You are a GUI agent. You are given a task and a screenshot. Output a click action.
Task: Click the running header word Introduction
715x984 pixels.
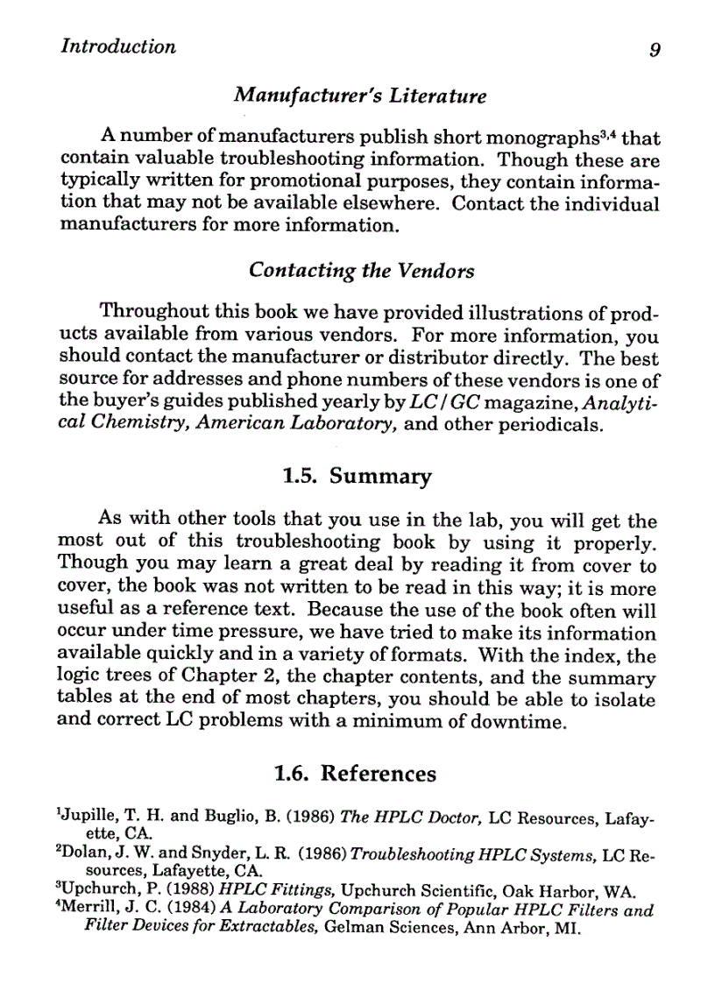click(118, 46)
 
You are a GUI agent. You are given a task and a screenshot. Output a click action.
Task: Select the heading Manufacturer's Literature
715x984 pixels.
click(359, 94)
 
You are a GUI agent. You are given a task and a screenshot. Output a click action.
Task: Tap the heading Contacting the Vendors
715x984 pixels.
click(361, 271)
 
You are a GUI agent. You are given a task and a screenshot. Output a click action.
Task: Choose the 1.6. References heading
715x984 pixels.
click(355, 774)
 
